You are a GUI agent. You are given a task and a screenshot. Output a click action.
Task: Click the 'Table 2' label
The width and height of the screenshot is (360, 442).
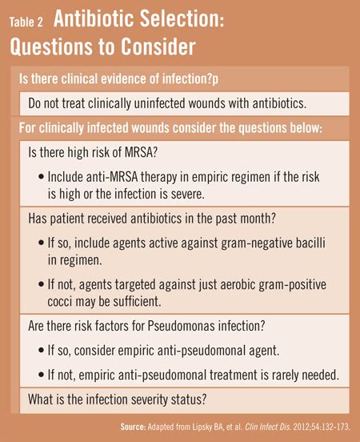pos(26,22)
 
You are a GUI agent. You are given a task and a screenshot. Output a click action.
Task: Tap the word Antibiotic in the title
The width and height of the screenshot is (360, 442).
pos(94,18)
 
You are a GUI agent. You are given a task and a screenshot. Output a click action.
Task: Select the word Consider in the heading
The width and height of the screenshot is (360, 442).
pos(158,46)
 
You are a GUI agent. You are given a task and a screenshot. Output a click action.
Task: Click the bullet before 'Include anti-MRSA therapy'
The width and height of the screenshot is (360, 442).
pos(41,177)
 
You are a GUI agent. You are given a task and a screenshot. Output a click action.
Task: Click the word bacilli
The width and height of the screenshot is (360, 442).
pos(310,243)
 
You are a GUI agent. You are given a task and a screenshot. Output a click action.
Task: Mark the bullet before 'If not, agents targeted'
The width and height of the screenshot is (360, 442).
pos(41,284)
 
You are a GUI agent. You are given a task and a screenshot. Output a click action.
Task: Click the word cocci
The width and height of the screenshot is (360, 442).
pos(59,302)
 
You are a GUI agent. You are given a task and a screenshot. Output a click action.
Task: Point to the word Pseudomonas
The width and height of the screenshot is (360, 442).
pos(182,326)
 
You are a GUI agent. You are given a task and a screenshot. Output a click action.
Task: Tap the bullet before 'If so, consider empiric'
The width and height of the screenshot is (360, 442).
pos(41,351)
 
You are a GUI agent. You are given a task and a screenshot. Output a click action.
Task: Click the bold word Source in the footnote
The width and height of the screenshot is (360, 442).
pos(133,427)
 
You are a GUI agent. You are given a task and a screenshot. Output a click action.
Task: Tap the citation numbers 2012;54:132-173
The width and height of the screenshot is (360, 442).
pos(322,427)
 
